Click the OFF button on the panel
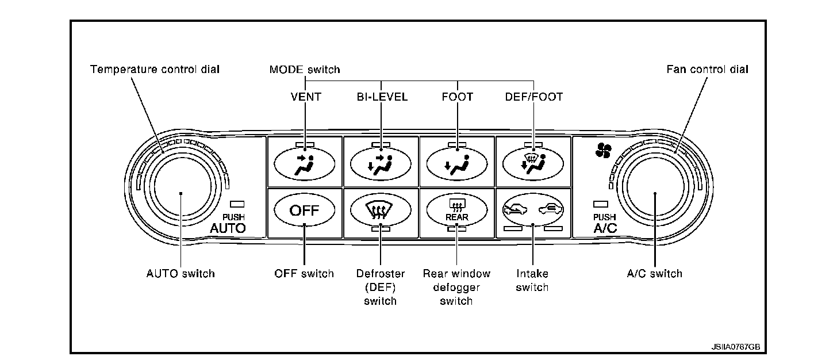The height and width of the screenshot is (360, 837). click(x=304, y=210)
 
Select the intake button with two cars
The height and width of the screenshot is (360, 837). click(x=533, y=210)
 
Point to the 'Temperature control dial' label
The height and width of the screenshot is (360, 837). click(x=155, y=70)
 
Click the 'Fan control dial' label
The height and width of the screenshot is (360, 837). click(x=707, y=70)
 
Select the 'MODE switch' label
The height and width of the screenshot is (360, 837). click(x=305, y=70)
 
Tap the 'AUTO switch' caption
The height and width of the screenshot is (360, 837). click(x=181, y=274)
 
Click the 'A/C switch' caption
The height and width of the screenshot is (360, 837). click(x=654, y=274)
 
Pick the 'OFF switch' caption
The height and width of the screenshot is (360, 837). click(x=304, y=274)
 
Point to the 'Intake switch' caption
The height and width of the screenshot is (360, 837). click(x=532, y=281)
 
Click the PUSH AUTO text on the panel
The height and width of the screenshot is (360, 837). click(x=228, y=224)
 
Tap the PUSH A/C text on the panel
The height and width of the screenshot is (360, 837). click(x=605, y=224)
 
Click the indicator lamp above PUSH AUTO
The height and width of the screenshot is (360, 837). click(x=237, y=204)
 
